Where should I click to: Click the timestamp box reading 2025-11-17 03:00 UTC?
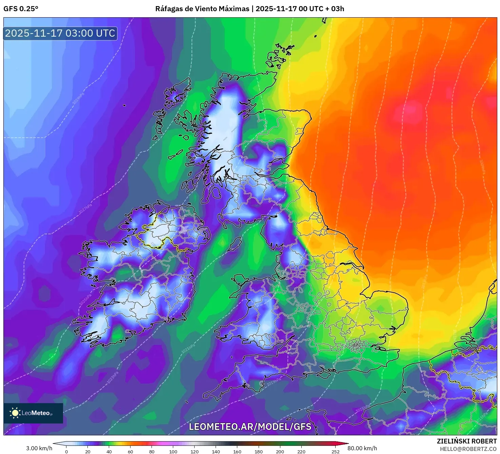pyautogui.click(x=60, y=33)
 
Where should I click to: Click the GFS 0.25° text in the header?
pyautogui.click(x=21, y=9)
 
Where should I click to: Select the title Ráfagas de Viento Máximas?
pyautogui.click(x=202, y=9)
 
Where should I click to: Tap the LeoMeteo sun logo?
pyautogui.click(x=15, y=413)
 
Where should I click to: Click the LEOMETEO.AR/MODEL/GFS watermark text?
pyautogui.click(x=250, y=427)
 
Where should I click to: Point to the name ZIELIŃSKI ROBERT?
pyautogui.click(x=466, y=441)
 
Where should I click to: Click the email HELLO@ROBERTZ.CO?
pyautogui.click(x=468, y=449)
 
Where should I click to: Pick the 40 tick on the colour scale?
pyautogui.click(x=109, y=451)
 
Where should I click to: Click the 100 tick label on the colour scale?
pyautogui.click(x=173, y=451)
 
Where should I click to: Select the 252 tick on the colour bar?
pyautogui.click(x=335, y=451)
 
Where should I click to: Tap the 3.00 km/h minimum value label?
pyautogui.click(x=39, y=448)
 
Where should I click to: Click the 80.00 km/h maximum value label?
pyautogui.click(x=362, y=448)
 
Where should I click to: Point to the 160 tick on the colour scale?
pyautogui.click(x=237, y=451)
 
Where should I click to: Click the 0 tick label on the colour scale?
pyautogui.click(x=66, y=451)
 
